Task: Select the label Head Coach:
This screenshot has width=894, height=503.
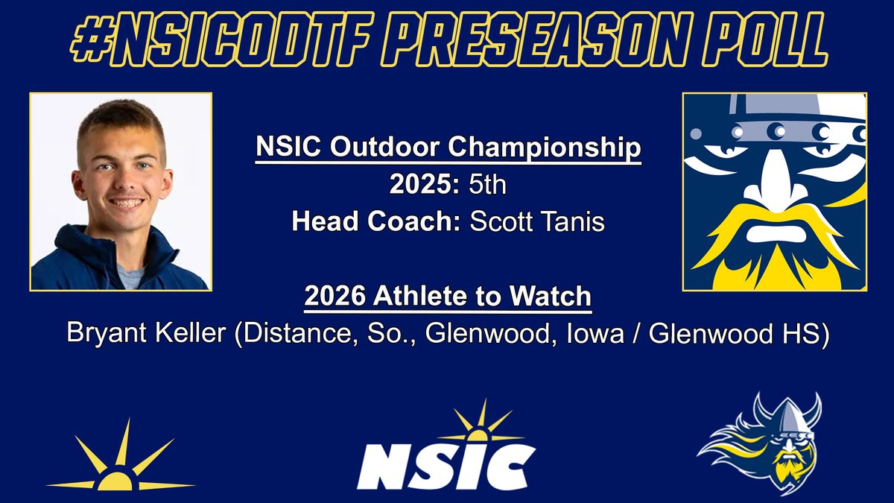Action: [375, 222]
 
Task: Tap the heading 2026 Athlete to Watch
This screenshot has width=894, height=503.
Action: [448, 297]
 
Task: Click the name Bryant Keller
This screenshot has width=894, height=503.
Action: [146, 333]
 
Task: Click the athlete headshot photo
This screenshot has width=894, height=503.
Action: [121, 192]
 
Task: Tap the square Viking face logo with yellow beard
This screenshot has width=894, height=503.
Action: [775, 192]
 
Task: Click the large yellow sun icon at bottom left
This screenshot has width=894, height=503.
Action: [118, 462]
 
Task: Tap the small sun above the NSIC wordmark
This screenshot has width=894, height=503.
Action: [481, 424]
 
